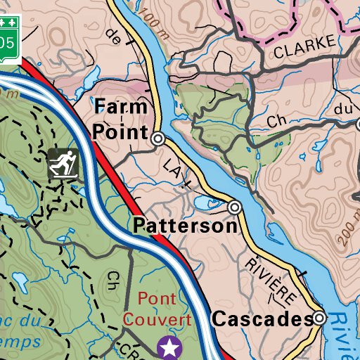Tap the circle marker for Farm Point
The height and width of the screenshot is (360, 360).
tap(159, 139)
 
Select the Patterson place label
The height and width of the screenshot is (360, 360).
tap(185, 226)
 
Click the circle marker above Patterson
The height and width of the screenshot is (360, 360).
tap(235, 207)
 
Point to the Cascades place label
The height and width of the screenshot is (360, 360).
tap(262, 319)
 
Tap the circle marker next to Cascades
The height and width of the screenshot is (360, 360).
tap(320, 319)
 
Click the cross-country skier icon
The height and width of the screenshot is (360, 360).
tap(63, 163)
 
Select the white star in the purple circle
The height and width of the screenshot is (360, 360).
tap(169, 346)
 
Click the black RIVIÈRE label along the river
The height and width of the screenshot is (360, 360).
tap(270, 281)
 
